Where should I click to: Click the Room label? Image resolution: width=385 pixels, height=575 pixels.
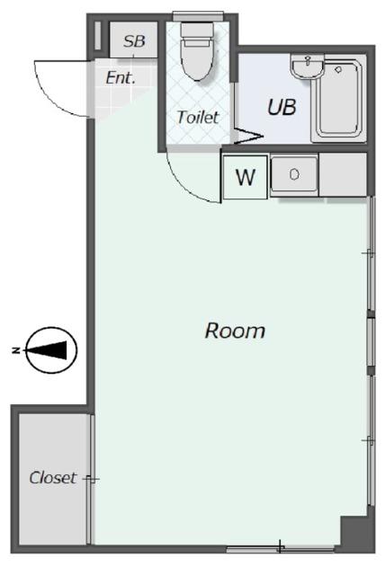coord(235,331)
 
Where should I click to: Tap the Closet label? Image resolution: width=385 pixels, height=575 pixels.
coord(53,477)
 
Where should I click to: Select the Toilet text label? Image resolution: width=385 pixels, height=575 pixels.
coord(198,117)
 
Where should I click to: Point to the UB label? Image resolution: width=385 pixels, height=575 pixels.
coord(282,107)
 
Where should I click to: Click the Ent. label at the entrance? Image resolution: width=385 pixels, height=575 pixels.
coord(121,78)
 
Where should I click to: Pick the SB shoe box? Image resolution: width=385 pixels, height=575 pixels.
coord(134,40)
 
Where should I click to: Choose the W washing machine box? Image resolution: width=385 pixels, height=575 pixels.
coord(246,177)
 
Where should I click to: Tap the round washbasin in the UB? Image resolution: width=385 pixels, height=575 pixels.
coord(308,66)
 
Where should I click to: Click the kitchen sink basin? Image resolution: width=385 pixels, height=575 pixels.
coord(294,173)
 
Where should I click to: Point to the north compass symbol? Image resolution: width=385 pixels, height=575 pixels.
coord(52,349)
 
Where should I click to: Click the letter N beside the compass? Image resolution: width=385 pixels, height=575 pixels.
coord(16,350)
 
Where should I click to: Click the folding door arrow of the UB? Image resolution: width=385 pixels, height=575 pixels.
coord(247,136)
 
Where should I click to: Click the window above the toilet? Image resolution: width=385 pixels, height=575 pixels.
coord(198,16)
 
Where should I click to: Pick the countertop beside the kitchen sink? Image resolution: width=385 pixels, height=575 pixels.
coord(343,175)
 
